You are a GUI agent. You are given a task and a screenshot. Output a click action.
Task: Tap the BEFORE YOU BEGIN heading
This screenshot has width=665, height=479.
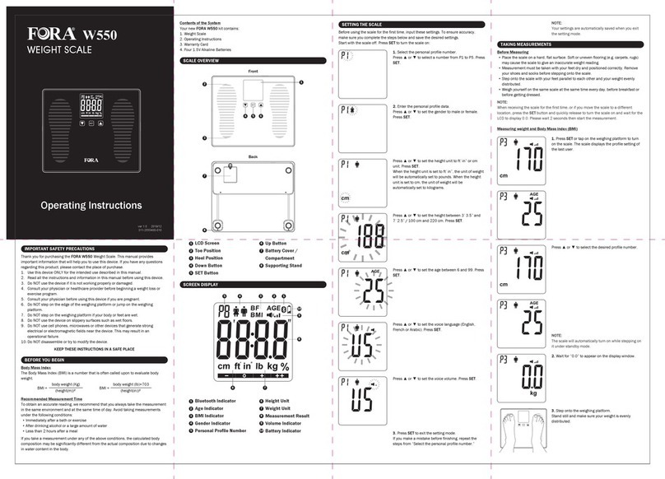click(x=42, y=360)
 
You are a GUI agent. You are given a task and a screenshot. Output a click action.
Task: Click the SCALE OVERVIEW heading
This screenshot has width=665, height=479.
click(x=202, y=61)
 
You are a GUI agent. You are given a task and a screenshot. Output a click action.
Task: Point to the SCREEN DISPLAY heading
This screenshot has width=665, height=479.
click(x=202, y=283)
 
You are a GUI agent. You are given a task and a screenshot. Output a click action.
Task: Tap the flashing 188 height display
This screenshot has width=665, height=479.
click(x=366, y=236)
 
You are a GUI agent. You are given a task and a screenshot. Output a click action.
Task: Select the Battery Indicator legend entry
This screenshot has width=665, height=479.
click(x=287, y=430)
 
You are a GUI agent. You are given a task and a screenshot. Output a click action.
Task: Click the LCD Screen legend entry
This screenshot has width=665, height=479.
click(x=206, y=244)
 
